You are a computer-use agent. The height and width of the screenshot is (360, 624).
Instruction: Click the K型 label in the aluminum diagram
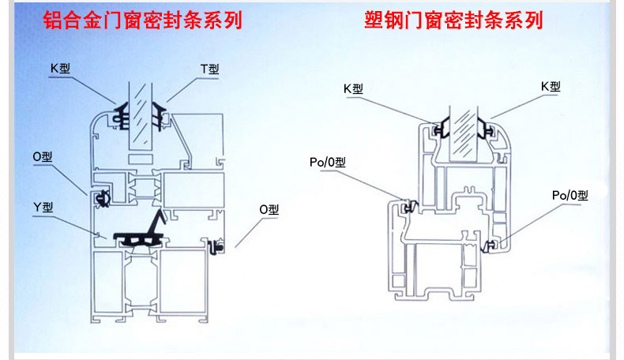coord(60,69)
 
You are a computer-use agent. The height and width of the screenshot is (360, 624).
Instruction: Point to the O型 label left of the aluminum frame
coord(43,156)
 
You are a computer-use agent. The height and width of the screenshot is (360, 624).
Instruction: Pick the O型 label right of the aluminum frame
coord(269,209)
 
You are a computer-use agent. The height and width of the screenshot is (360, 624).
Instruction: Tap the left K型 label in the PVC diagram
coord(353,88)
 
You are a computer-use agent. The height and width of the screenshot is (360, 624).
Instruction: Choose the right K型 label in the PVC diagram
coord(550,86)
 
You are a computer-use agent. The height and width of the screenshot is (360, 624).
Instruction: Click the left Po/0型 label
coord(328,163)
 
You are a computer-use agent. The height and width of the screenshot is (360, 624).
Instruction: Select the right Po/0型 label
coord(569,194)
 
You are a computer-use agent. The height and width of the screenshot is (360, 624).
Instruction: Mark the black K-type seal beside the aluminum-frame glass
coord(122,114)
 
